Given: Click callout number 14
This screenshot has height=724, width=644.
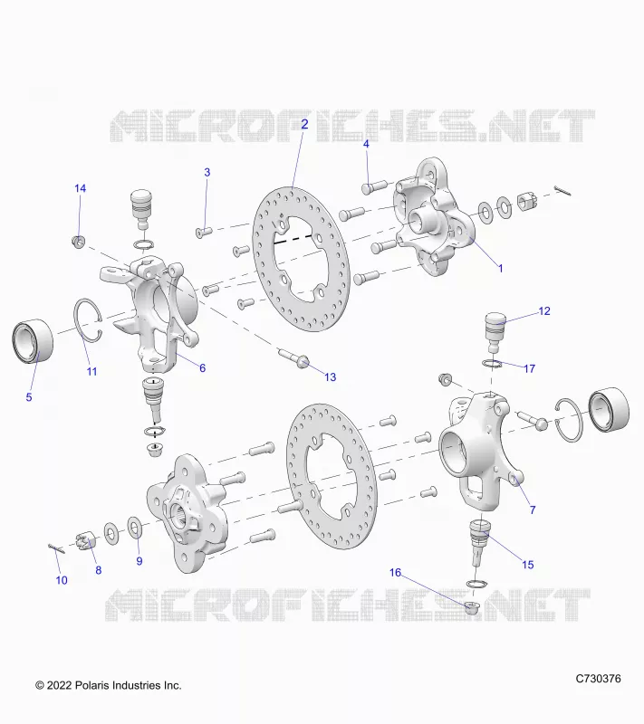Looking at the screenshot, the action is [x=80, y=188].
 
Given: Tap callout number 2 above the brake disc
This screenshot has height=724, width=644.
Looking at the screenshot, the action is [x=304, y=124].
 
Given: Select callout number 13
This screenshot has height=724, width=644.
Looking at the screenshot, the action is [x=330, y=377].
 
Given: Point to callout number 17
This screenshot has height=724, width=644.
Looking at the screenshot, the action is [x=530, y=368].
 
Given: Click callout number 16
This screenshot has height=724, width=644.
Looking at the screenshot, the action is [x=395, y=573].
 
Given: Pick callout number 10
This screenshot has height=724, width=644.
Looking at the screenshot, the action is [x=62, y=580].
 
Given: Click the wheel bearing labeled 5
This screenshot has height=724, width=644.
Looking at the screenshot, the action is [x=33, y=341].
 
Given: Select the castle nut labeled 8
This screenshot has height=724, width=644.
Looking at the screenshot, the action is [x=85, y=540].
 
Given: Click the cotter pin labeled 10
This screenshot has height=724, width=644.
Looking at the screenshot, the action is [x=56, y=548].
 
